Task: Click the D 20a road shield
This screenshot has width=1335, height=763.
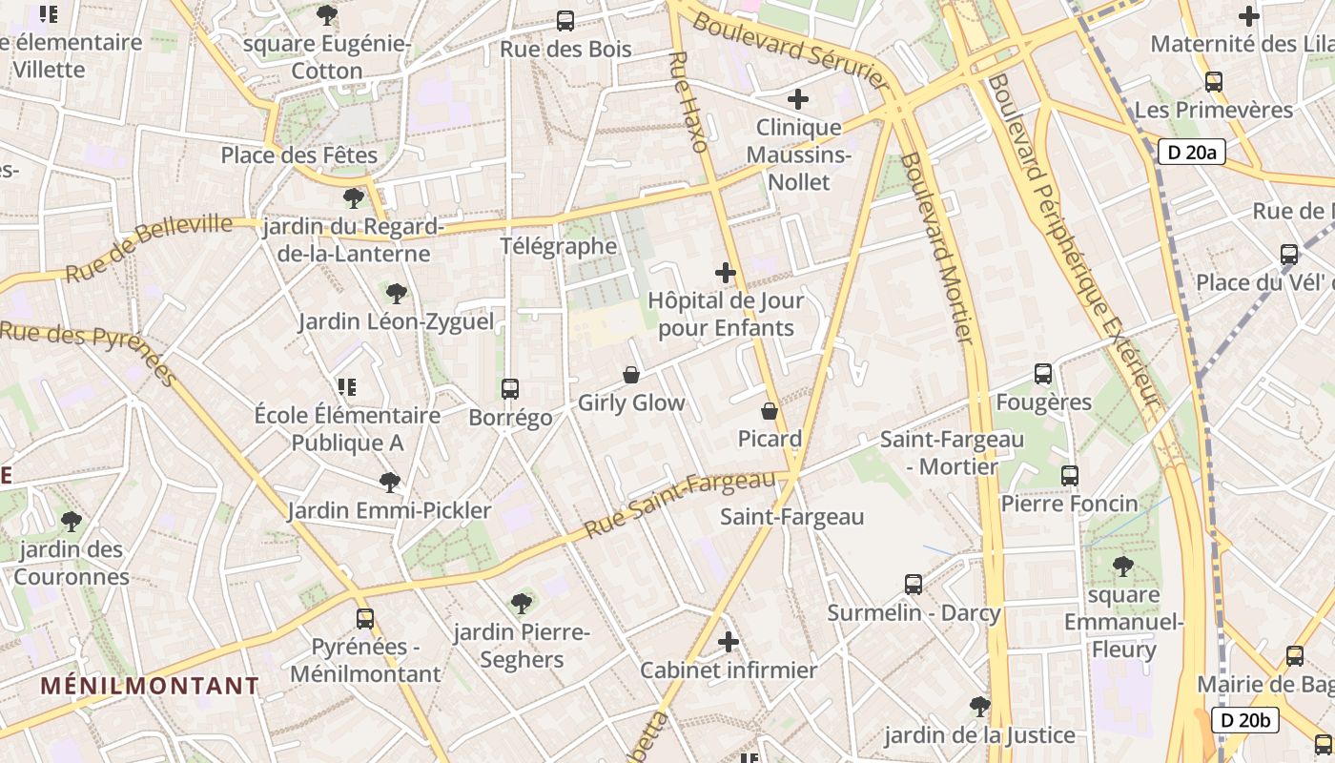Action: point(1192,152)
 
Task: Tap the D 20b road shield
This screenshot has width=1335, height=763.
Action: point(1245,720)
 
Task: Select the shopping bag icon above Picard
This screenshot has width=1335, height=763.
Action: point(770,411)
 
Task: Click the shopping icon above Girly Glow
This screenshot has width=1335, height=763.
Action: point(630,375)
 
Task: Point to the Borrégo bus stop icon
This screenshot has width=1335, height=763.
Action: point(510,389)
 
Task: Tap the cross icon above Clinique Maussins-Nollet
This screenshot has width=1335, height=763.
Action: point(798,99)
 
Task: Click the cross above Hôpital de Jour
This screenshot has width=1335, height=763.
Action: point(726,273)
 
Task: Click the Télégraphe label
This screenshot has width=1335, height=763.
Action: point(559,246)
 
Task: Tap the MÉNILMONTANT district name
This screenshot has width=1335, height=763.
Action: point(150,686)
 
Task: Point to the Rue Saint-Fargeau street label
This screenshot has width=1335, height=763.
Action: point(679,504)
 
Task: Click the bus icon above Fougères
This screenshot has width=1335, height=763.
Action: point(1043,374)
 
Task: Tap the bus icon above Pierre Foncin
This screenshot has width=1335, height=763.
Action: point(1070,475)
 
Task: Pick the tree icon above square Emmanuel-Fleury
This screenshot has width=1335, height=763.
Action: point(1123,567)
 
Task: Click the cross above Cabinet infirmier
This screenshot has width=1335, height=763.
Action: point(729,642)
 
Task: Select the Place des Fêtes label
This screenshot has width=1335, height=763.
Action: point(299,155)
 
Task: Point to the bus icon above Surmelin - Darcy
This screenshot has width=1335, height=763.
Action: point(914,584)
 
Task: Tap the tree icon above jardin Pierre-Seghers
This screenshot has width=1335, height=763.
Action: point(521,603)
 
